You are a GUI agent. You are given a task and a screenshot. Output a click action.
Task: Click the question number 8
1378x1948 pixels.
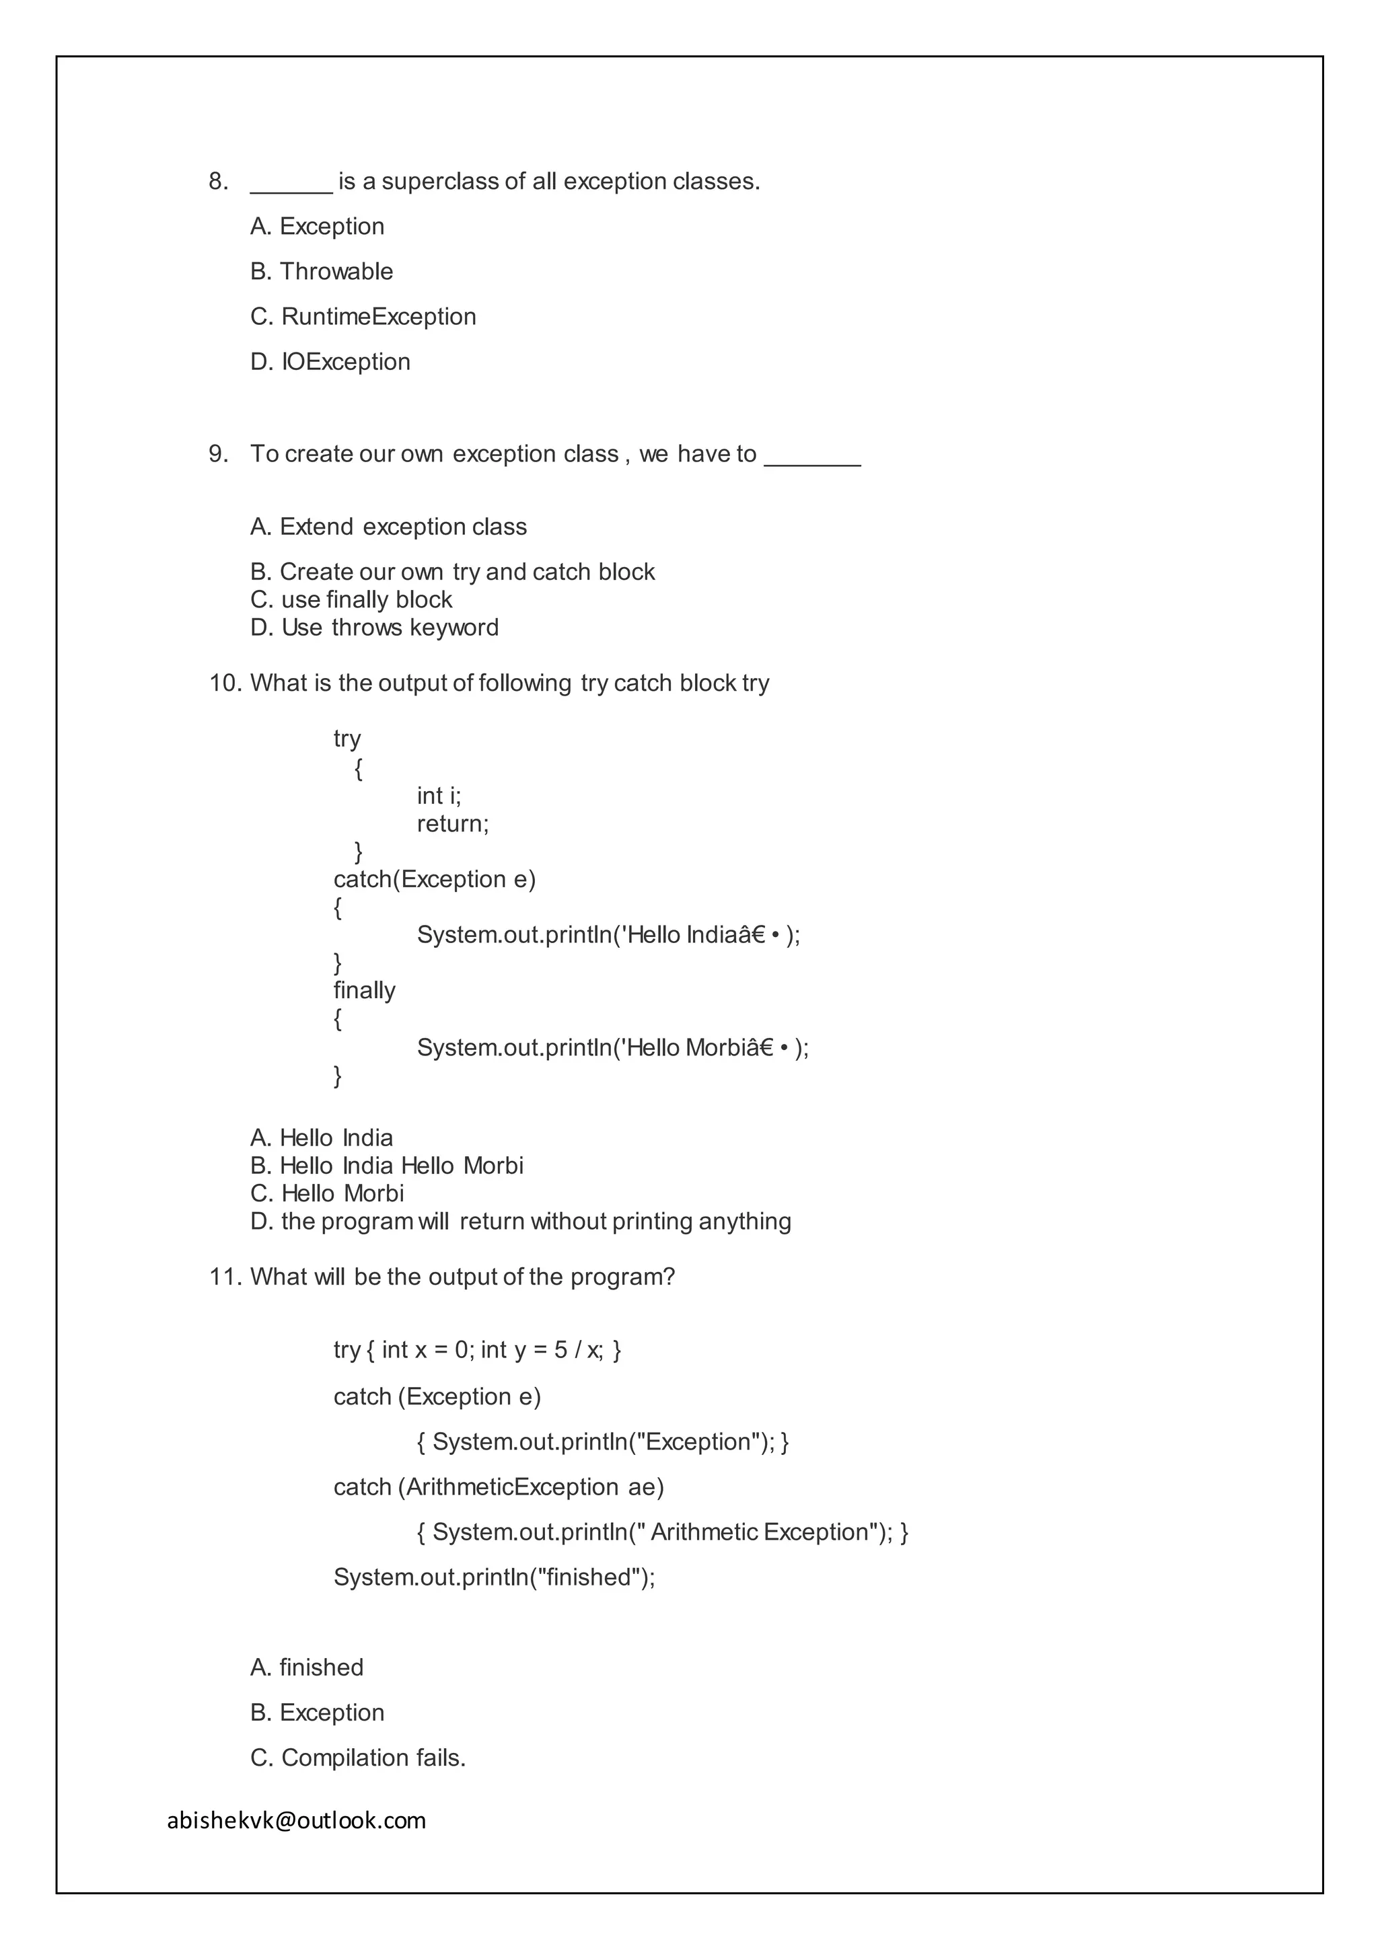click(218, 182)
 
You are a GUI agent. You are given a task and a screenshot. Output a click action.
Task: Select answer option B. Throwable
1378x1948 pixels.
click(322, 272)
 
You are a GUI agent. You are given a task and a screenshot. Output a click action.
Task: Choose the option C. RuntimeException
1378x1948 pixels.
click(363, 316)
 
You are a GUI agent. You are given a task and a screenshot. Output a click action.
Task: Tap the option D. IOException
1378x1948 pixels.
click(330, 361)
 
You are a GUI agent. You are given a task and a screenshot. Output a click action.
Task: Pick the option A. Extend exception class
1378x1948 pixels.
click(389, 527)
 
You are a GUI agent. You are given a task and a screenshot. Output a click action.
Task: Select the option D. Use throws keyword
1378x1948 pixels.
click(374, 628)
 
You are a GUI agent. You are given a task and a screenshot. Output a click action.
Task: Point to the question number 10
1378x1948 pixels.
click(225, 683)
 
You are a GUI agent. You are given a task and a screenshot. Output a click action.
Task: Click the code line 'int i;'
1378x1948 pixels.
click(439, 796)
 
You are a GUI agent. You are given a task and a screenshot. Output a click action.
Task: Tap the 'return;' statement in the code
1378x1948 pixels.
click(452, 824)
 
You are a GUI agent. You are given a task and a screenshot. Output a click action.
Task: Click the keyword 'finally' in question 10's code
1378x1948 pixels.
click(364, 990)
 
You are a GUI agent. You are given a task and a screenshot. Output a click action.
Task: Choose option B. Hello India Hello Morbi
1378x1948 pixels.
click(387, 1166)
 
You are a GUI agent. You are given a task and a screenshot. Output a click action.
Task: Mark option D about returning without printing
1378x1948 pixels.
click(520, 1222)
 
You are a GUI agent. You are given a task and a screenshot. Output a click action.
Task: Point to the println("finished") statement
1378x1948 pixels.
click(494, 1577)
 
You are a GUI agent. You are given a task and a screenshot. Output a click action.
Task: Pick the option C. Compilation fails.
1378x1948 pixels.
click(358, 1757)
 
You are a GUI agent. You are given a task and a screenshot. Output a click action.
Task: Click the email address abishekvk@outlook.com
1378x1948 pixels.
click(296, 1820)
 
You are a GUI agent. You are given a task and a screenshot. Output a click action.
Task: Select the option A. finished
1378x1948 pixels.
click(307, 1668)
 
